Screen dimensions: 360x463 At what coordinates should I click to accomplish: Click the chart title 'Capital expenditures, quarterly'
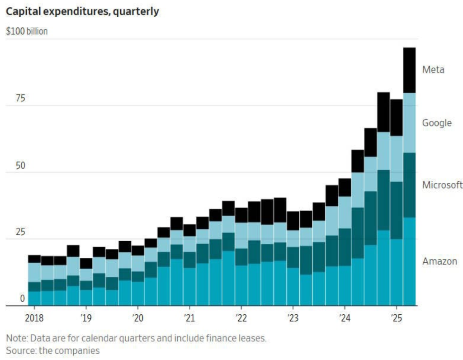(82, 11)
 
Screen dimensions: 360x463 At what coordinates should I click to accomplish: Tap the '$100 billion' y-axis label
(26, 32)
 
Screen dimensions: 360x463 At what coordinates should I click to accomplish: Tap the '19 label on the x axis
(86, 317)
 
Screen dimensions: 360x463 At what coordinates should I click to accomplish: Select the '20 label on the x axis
(138, 317)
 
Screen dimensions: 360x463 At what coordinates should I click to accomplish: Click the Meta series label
(433, 70)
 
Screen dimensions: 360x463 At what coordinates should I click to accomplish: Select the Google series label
(437, 123)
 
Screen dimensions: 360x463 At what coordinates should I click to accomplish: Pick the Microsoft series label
(442, 185)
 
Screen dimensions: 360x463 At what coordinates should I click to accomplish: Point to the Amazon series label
(439, 261)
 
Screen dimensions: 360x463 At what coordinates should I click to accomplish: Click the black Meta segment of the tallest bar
(409, 70)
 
